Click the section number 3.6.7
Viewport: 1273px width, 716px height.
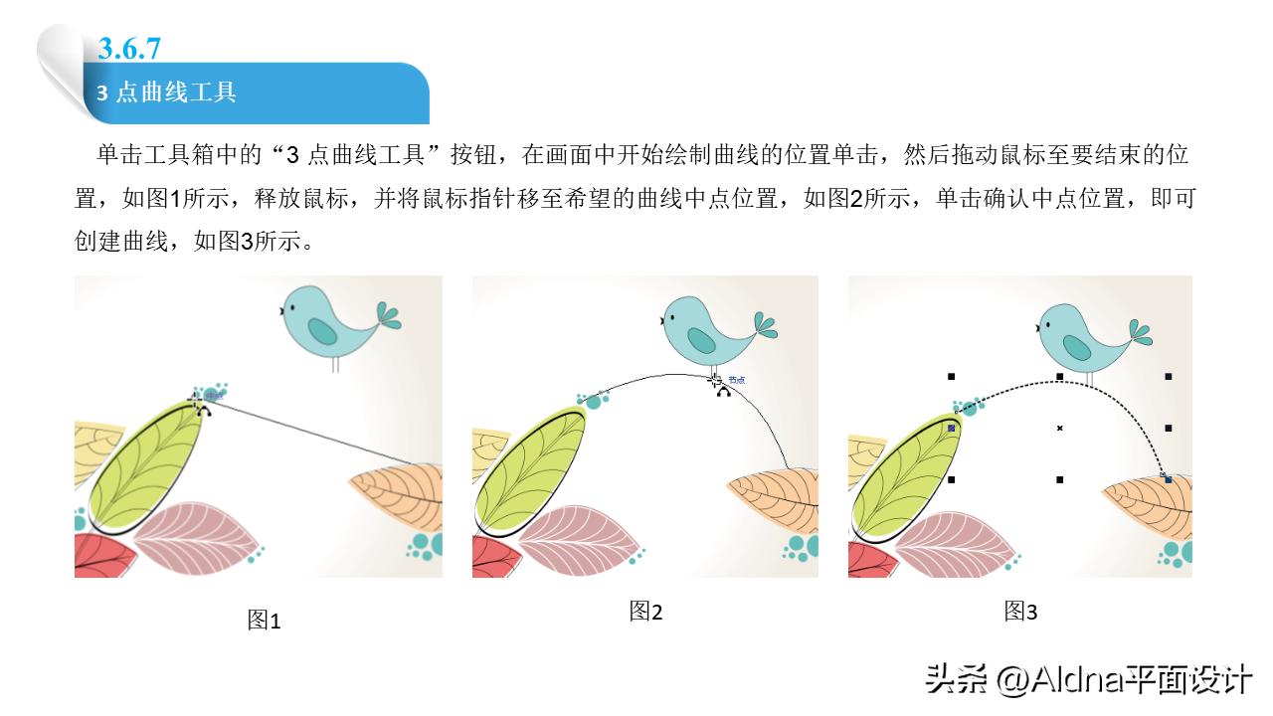[130, 48]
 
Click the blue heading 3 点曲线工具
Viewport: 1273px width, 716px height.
[166, 93]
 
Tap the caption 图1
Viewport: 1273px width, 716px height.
[264, 622]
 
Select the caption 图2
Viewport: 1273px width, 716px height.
[645, 612]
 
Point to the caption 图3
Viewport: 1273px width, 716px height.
[1020, 612]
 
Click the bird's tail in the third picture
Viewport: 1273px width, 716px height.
[1142, 332]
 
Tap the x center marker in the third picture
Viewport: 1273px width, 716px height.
[1060, 429]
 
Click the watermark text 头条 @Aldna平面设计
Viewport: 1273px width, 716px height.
[1088, 681]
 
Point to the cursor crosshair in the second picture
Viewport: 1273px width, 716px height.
[715, 380]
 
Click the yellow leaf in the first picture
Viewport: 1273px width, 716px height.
[95, 447]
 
